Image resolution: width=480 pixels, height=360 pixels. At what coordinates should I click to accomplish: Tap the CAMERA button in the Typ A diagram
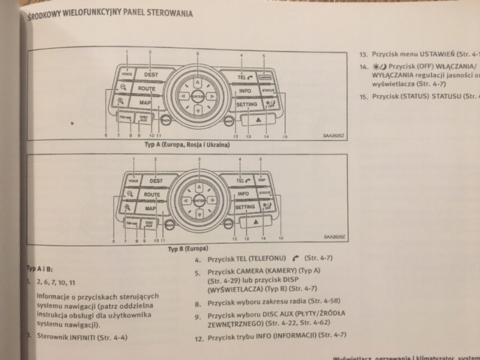pos(265,76)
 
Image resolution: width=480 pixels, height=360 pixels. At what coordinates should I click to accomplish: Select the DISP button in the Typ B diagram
pos(262,180)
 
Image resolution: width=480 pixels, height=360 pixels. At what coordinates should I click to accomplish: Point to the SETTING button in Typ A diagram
pos(247,106)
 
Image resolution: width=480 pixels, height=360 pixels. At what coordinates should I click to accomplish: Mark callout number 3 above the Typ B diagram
pos(199,160)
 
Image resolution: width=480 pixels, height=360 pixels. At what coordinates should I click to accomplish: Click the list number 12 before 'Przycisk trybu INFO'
pos(199,338)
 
